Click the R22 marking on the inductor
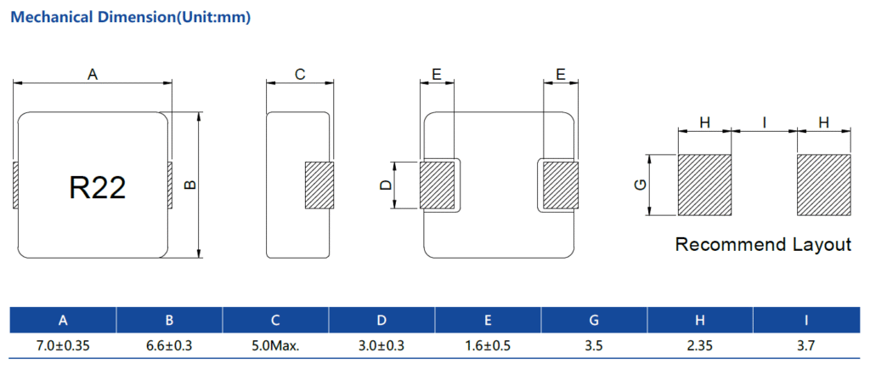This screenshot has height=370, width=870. coord(98,187)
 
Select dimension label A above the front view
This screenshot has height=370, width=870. coord(93,75)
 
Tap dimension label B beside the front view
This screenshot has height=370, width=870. coord(189,185)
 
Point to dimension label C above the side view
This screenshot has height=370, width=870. coord(300,75)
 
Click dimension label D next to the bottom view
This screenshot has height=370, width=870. coord(386,185)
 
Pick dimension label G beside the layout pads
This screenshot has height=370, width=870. coord(641,185)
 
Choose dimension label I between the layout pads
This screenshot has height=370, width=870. coord(765,122)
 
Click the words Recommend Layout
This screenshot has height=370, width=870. coord(763,244)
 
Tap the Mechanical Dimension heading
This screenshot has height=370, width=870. coord(131,17)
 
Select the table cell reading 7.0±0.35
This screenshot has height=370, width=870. coord(63,346)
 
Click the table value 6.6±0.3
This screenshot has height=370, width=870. coord(169,346)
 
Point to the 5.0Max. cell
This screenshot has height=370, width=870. coord(275,346)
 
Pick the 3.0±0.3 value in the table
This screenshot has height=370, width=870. coord(381,346)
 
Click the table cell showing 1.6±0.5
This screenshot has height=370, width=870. coord(488,346)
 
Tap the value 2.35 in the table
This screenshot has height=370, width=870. coord(700,346)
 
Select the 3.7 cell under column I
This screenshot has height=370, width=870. coord(806,346)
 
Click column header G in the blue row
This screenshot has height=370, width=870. coord(594,320)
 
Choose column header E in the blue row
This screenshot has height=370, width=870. coord(488,320)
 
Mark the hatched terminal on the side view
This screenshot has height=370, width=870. coord(319,185)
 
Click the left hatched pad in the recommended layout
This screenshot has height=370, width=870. coord(704,185)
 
